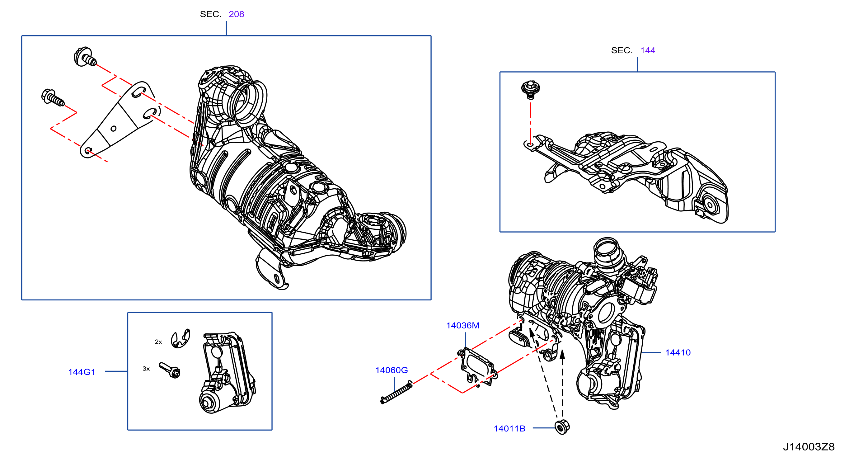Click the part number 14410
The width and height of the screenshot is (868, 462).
678,352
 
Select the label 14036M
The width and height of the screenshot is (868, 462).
463,326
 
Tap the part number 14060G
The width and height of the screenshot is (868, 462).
392,370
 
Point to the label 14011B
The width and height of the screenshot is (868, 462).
509,429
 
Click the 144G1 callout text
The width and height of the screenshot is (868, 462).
82,372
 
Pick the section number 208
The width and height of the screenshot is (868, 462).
236,14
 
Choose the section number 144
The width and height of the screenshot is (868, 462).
648,50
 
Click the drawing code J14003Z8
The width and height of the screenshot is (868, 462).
809,447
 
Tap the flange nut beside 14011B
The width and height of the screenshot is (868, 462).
562,427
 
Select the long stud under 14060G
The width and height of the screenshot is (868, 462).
396,392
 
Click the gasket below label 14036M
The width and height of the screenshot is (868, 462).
477,367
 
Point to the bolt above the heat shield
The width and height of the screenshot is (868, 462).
530,90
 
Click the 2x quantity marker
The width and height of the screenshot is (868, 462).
158,342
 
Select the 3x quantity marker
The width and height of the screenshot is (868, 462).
146,369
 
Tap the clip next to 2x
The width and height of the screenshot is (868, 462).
181,338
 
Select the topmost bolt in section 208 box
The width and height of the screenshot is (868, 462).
85,57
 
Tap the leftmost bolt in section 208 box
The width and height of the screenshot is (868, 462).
53,97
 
